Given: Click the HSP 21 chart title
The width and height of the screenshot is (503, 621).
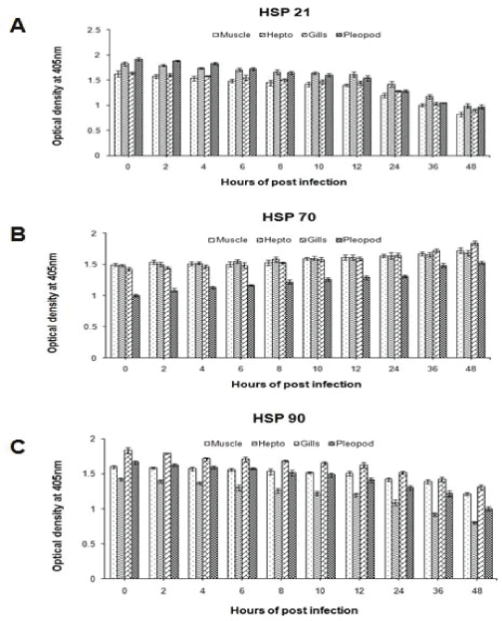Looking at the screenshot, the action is click(284, 12).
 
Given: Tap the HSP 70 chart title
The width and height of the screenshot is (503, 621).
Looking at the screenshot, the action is click(289, 217).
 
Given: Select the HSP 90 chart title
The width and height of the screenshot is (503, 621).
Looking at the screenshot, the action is click(279, 419).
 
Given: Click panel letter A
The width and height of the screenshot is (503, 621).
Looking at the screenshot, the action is click(18, 27).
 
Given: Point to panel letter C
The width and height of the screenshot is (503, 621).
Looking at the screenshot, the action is click(18, 448).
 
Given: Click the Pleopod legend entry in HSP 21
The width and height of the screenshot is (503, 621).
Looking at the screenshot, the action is click(359, 35).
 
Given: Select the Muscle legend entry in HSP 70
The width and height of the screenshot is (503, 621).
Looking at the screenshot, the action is click(228, 240).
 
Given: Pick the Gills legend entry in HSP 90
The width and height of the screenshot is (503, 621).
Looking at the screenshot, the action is click(307, 444).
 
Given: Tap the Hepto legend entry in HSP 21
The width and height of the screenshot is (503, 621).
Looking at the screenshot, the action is click(276, 35).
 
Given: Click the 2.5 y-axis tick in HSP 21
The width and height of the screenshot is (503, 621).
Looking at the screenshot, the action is click(95, 30).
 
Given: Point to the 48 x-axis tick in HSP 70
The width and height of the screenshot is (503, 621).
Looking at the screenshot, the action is click(471, 369).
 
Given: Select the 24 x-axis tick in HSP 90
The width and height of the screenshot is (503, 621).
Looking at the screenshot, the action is click(398, 591).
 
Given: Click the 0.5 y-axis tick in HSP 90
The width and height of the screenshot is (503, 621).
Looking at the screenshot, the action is click(89, 544).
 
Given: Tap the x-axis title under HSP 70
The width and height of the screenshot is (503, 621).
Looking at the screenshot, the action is click(296, 384).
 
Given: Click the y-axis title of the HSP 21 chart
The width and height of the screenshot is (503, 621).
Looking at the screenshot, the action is click(57, 97).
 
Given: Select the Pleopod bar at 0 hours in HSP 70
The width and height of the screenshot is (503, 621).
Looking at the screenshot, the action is click(135, 327).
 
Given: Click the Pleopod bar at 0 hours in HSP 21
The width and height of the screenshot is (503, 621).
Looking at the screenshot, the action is click(138, 108).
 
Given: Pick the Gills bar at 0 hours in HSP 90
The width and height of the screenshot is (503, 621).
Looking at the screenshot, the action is click(127, 514).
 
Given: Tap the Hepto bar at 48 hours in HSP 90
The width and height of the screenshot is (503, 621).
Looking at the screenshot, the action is click(474, 551).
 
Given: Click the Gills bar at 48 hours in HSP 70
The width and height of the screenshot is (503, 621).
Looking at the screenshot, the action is click(474, 300).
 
